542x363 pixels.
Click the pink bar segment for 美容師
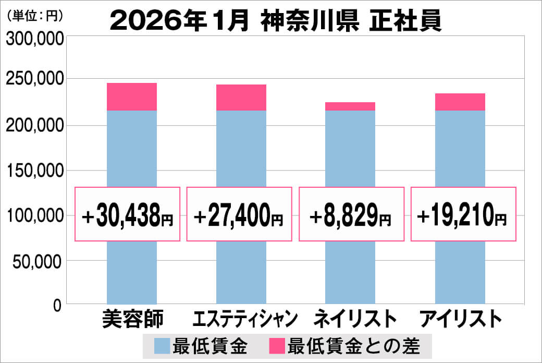coord(131,96)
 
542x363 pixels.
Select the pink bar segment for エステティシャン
coord(241,98)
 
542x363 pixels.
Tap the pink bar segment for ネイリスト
coord(350,106)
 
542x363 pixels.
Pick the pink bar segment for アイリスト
coord(460,102)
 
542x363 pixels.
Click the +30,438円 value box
coord(128,214)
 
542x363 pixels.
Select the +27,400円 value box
coord(239,214)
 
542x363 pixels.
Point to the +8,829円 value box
coord(351,214)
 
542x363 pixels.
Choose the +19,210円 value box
coord(463,214)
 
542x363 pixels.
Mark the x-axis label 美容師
coord(131,319)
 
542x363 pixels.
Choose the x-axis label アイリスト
coord(460,319)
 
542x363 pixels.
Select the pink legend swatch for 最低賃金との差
coord(277,346)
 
